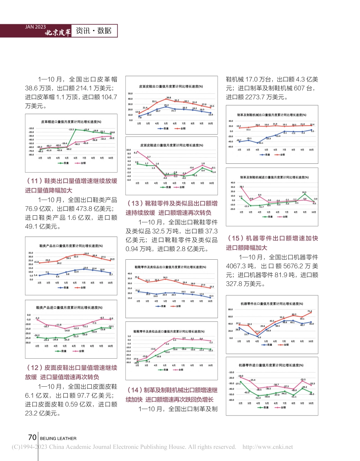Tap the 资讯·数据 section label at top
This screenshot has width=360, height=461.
(x=93, y=31)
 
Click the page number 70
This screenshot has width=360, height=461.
(x=32, y=437)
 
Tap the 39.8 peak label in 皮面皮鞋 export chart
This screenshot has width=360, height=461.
(x=168, y=97)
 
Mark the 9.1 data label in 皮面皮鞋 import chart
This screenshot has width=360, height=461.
(x=136, y=152)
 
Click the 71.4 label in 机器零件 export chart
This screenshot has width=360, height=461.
(x=310, y=311)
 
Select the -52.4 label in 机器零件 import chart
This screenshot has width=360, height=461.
(x=258, y=397)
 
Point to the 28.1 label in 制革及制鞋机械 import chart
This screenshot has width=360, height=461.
(x=242, y=187)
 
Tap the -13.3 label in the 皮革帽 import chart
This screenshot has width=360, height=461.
(x=71, y=129)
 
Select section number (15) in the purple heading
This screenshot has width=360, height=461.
(x=233, y=238)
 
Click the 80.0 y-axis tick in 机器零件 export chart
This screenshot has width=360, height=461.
(x=230, y=309)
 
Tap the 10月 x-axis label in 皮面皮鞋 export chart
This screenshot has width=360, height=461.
(x=210, y=123)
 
